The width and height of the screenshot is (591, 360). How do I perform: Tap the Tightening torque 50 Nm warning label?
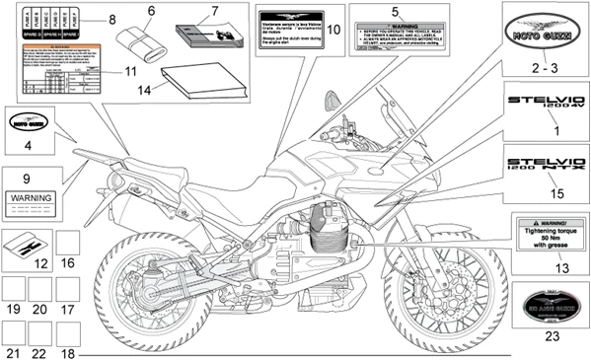(x=545, y=237)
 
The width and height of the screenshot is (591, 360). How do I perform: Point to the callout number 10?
(x=333, y=30)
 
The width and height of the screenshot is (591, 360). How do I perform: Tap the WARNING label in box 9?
(x=30, y=198)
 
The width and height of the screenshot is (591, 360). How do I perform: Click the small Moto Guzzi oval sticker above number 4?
(x=27, y=124)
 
